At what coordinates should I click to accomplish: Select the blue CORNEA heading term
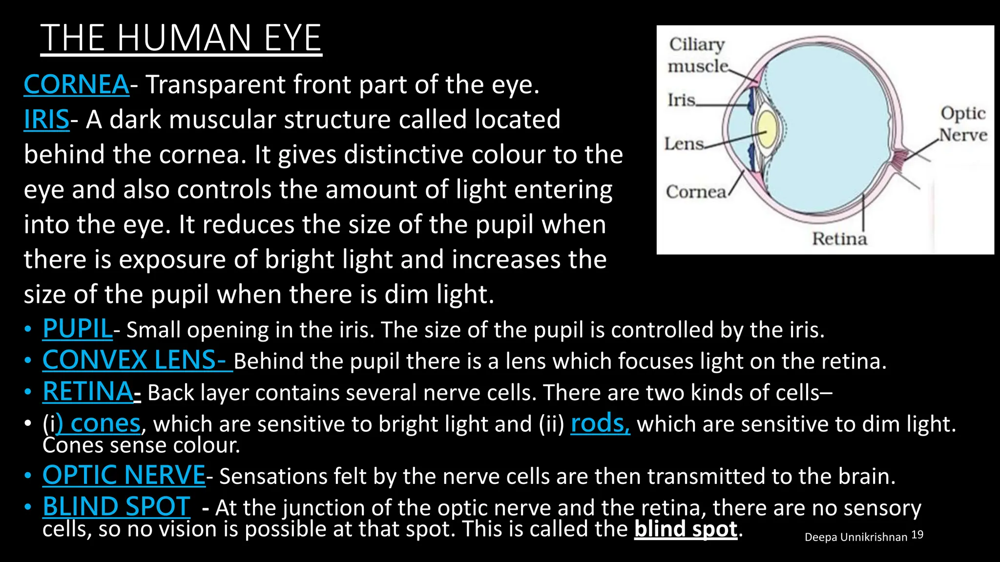pos(77,84)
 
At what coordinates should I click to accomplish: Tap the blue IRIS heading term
pos(47,120)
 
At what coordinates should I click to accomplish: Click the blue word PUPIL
pos(78,329)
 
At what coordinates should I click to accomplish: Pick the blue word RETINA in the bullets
pos(88,392)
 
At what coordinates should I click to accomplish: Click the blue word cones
pos(104,423)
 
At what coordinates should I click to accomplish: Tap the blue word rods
pos(600,423)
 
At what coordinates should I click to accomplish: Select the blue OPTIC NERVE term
pos(124,475)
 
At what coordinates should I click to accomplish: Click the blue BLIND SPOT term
pos(116,506)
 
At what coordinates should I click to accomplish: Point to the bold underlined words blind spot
pos(686,529)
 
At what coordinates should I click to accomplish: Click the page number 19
pos(917,535)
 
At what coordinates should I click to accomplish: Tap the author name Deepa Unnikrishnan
pos(855,537)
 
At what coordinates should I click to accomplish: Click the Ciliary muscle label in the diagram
pos(697,55)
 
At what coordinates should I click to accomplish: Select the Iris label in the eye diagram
pos(682,100)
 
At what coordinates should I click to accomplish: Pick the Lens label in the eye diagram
pos(684,144)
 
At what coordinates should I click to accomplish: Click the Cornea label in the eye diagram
pos(696,192)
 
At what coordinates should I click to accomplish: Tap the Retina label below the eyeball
pos(839,239)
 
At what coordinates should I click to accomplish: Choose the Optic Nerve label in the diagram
pos(963,124)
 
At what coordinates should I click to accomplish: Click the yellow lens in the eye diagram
pos(767,130)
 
